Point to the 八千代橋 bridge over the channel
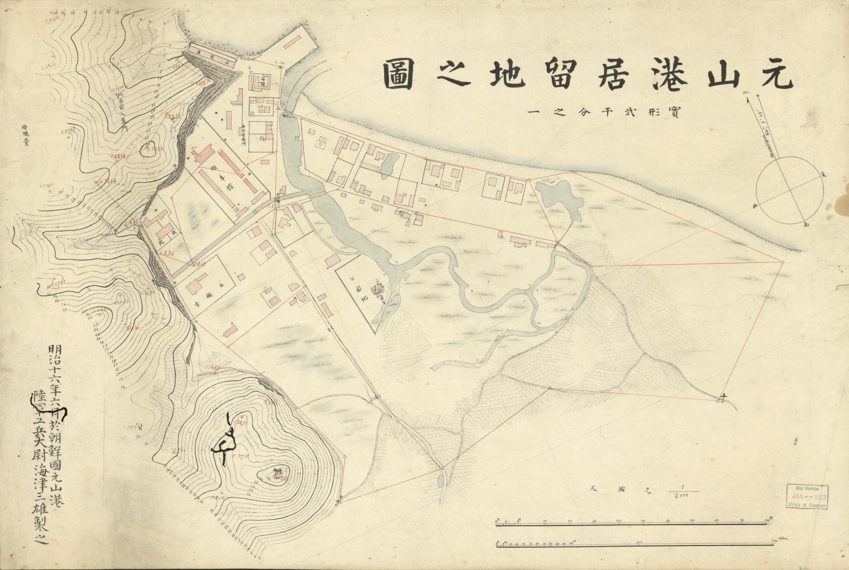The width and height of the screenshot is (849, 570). tap(285, 114)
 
